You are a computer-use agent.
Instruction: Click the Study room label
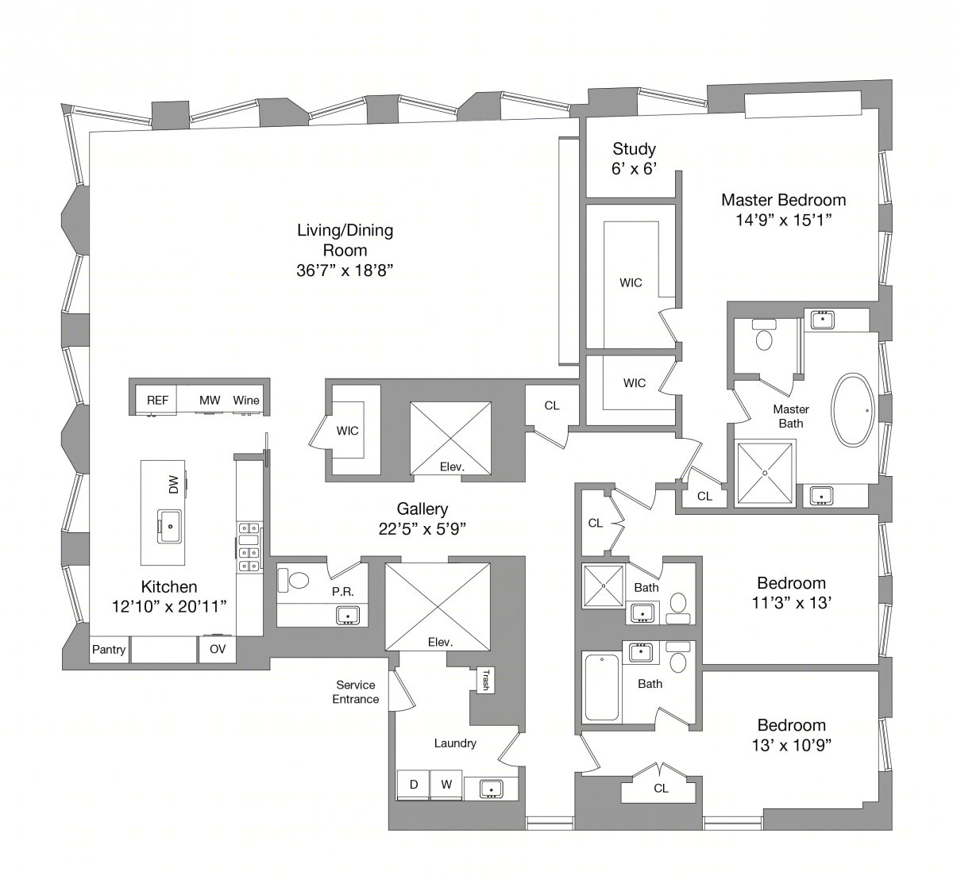tap(634, 149)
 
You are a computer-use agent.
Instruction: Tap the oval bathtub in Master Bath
tap(853, 410)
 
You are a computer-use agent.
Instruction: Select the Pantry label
tap(109, 650)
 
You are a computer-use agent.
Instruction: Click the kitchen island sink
tap(170, 526)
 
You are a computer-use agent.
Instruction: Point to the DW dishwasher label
tap(174, 484)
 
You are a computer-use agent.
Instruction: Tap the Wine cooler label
tap(246, 401)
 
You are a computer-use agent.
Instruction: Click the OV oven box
tap(218, 649)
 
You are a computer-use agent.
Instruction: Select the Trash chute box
tap(484, 680)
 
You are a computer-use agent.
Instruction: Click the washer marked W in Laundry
tap(446, 785)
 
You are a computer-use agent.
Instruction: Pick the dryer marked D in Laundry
tap(414, 785)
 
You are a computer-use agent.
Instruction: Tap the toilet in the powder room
tap(293, 580)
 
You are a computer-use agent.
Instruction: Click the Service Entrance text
tap(356, 692)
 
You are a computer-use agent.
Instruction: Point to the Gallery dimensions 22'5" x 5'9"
tap(422, 529)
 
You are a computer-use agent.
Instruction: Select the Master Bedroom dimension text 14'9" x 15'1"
tap(784, 220)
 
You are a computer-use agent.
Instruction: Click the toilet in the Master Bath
tap(764, 335)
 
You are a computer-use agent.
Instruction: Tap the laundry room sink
tap(491, 789)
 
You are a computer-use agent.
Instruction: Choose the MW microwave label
tap(210, 401)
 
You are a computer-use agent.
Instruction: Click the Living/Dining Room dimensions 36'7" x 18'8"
tap(345, 271)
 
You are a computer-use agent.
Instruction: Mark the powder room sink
tap(348, 616)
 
